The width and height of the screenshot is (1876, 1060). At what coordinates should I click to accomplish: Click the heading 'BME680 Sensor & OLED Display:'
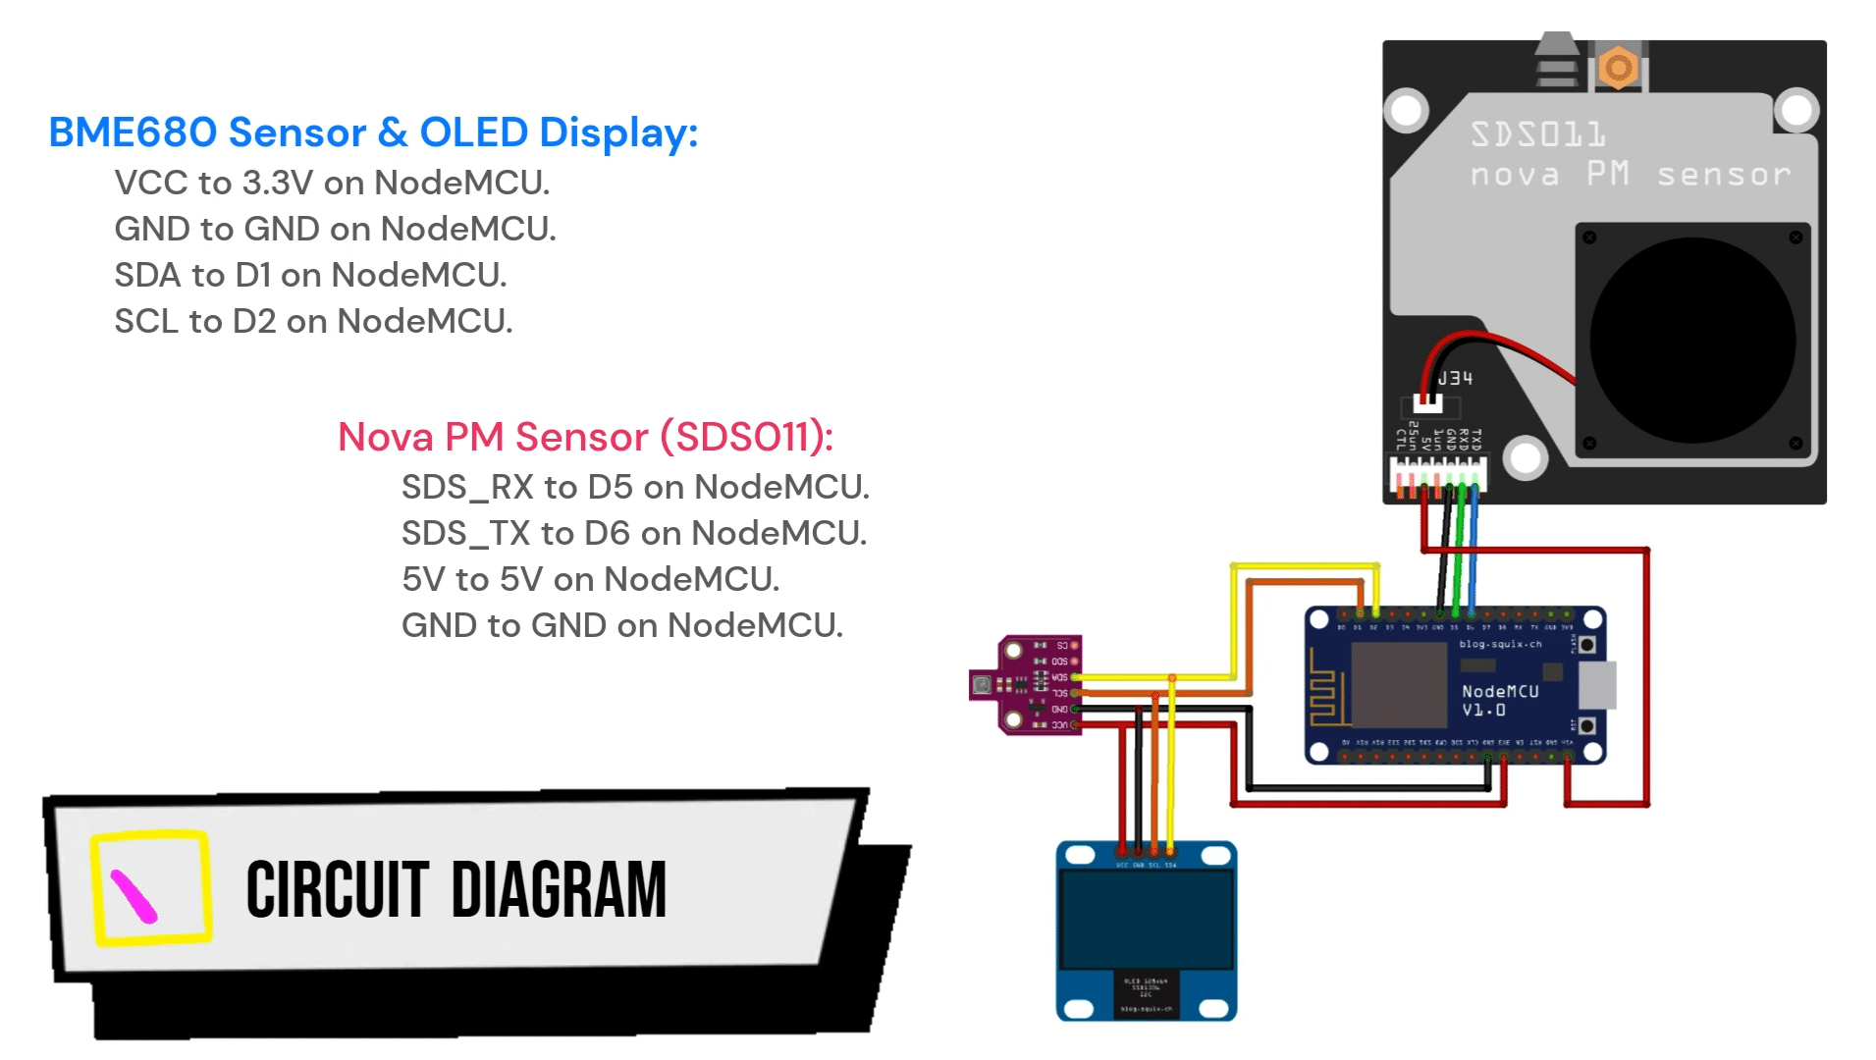(x=373, y=132)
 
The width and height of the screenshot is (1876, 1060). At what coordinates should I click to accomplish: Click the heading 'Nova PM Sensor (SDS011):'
(x=585, y=437)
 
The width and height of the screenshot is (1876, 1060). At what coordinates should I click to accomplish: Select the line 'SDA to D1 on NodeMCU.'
(x=310, y=275)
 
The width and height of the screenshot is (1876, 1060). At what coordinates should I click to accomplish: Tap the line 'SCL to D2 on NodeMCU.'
(x=313, y=321)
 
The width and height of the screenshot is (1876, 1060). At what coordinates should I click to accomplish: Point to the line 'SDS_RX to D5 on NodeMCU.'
(x=635, y=487)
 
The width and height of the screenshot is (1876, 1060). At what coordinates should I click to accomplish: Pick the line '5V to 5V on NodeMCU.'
(x=590, y=579)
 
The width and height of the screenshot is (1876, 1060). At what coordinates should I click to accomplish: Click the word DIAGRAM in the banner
(x=559, y=890)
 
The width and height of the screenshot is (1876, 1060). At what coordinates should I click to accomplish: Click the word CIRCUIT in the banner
(x=337, y=890)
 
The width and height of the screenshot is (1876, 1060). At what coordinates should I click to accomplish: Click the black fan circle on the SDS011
(x=1691, y=341)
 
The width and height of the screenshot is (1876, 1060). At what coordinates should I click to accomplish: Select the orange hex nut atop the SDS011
(x=1618, y=68)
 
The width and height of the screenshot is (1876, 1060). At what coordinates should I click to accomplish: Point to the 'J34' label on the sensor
(x=1455, y=378)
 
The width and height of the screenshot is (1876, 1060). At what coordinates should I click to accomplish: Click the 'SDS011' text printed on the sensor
(x=1537, y=134)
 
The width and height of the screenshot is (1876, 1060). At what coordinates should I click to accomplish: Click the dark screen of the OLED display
(x=1146, y=919)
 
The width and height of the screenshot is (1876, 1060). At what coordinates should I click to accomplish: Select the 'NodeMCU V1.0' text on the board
(x=1499, y=700)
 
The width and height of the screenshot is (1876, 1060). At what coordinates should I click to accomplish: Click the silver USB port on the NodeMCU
(x=1596, y=684)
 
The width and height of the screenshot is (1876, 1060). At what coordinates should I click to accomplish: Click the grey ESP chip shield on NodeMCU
(x=1398, y=684)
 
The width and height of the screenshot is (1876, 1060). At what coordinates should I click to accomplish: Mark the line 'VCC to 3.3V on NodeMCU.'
(x=332, y=183)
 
